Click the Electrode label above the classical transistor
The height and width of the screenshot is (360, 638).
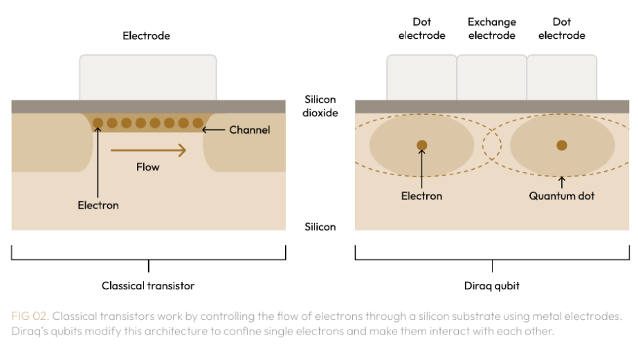pyautogui.click(x=146, y=36)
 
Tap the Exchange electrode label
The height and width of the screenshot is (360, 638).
pyautogui.click(x=491, y=28)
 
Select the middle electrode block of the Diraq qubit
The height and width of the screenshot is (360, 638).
pyautogui.click(x=491, y=78)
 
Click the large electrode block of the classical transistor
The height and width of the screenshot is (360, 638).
pyautogui.click(x=147, y=78)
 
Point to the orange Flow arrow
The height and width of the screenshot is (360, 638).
pyautogui.click(x=149, y=150)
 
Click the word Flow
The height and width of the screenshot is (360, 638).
pyautogui.click(x=147, y=167)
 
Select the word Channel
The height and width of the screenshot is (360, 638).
pyautogui.click(x=249, y=130)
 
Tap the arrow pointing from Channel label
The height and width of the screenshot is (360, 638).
pyautogui.click(x=214, y=130)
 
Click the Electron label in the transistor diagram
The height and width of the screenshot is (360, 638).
pyautogui.click(x=98, y=205)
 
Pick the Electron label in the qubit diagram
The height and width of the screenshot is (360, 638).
pyautogui.click(x=421, y=196)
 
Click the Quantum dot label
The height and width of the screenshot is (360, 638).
pyautogui.click(x=561, y=196)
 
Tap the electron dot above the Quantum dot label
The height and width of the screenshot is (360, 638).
pyautogui.click(x=561, y=145)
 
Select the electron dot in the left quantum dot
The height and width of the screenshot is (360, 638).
pyautogui.click(x=422, y=145)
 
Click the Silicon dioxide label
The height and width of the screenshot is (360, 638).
pyautogui.click(x=320, y=106)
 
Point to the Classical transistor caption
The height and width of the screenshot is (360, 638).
pyautogui.click(x=148, y=286)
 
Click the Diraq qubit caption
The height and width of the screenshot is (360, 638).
pyautogui.click(x=491, y=286)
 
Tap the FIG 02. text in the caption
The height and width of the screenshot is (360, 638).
pyautogui.click(x=30, y=316)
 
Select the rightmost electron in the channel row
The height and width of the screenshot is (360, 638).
pyautogui.click(x=198, y=123)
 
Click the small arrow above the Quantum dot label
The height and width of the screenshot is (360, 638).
pyautogui.click(x=561, y=182)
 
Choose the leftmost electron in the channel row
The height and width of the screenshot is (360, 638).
pyautogui.click(x=98, y=123)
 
